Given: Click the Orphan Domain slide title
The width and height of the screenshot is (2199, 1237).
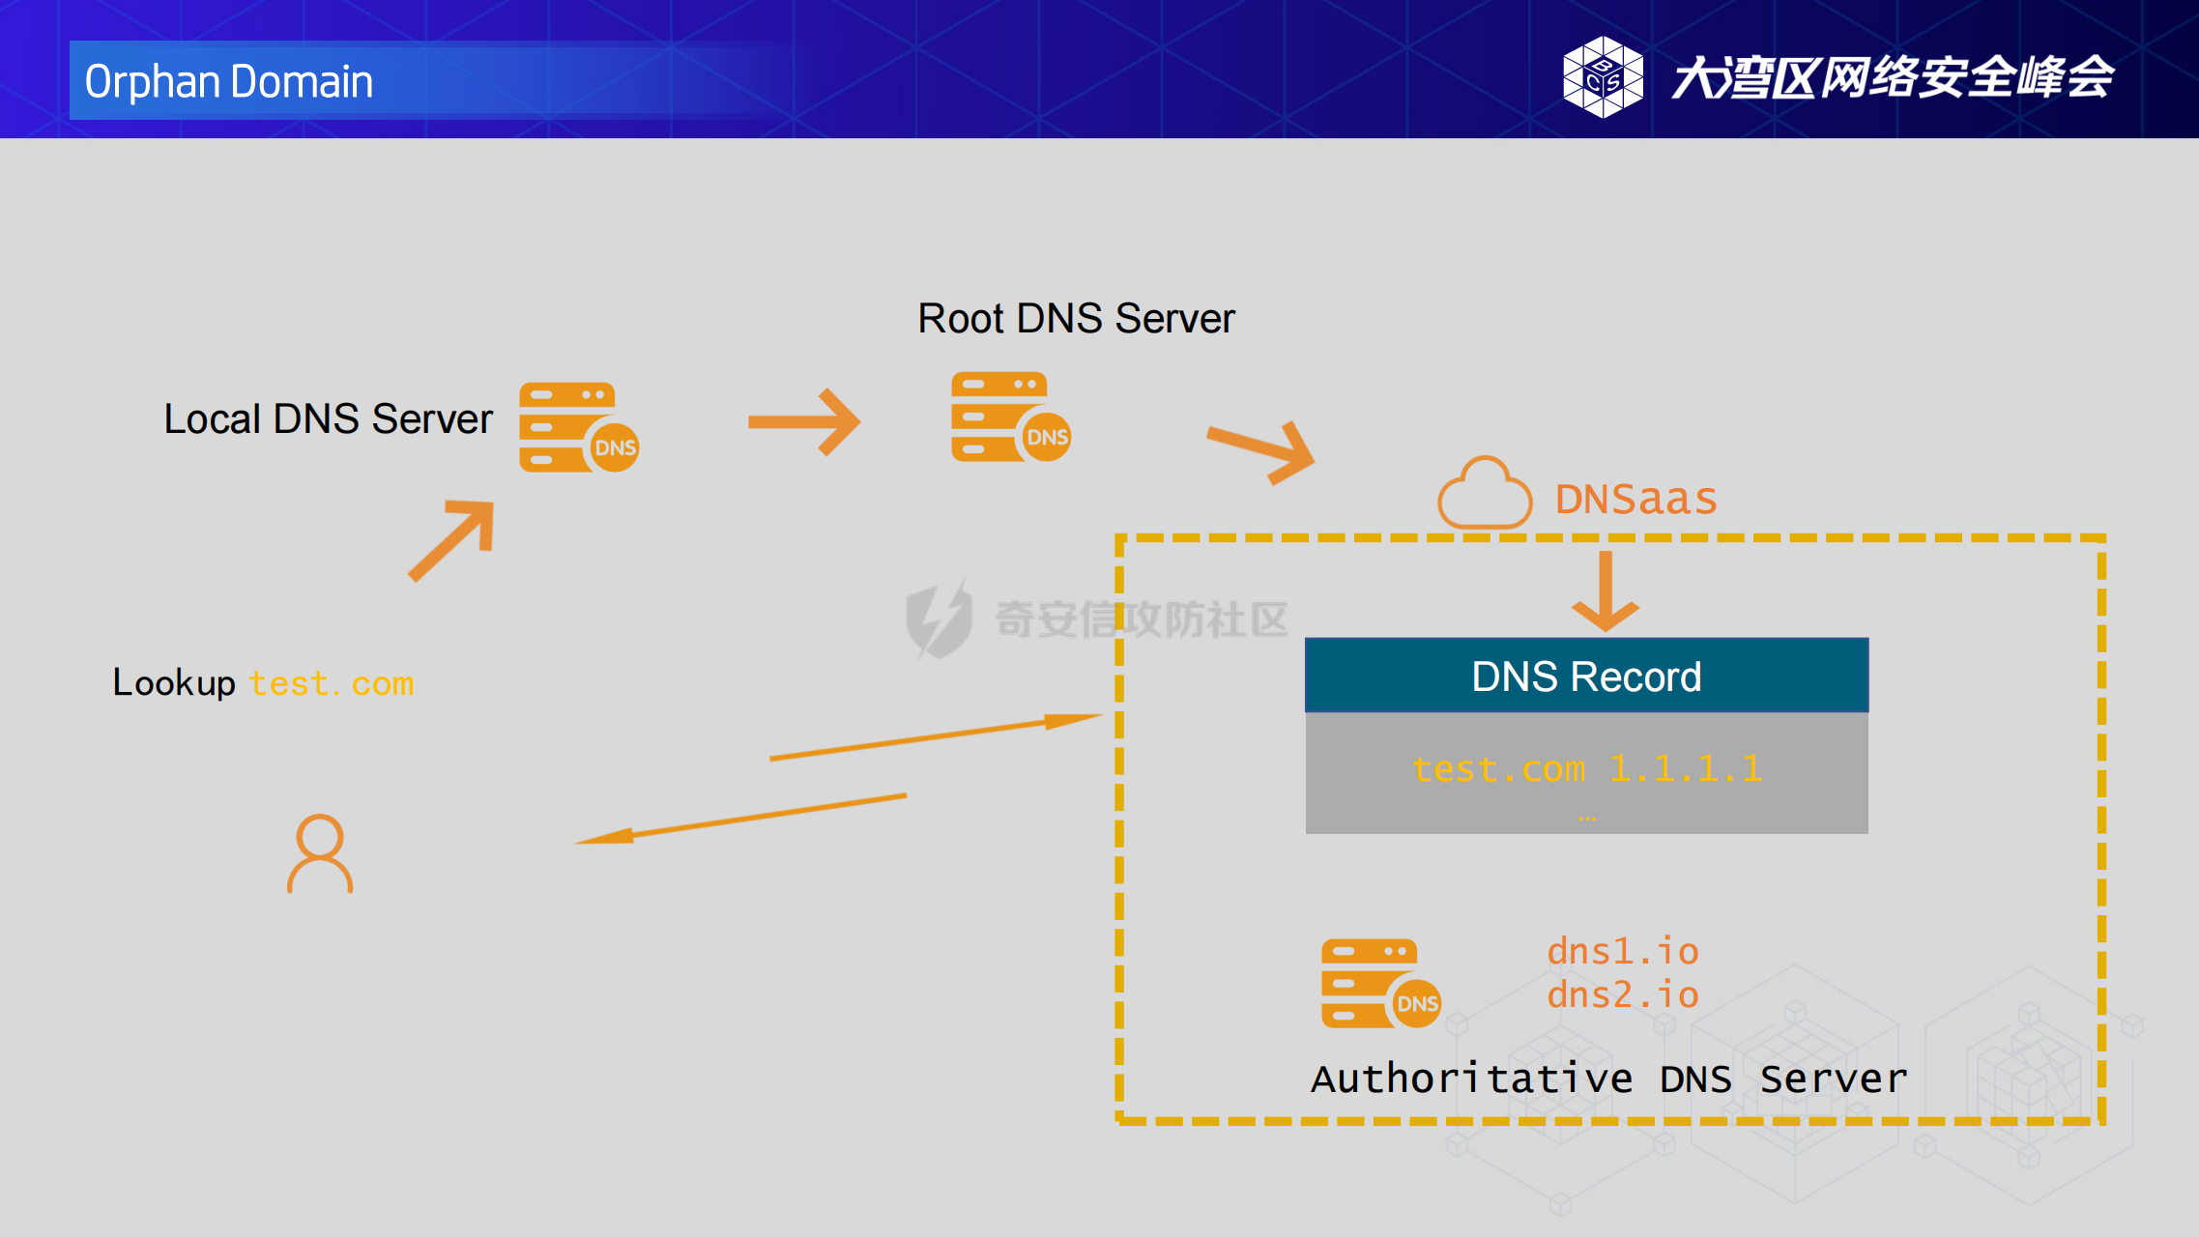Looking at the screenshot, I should (x=229, y=81).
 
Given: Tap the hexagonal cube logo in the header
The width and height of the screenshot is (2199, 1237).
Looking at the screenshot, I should (x=1603, y=77).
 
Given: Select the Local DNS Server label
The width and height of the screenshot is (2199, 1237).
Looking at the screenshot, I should (x=328, y=419).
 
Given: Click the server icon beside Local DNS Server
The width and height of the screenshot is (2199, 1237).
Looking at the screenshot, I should (x=578, y=427).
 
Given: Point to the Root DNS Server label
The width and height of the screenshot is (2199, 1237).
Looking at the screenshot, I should (x=1076, y=319).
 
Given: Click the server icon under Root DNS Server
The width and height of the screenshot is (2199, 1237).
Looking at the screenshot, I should (x=1010, y=417).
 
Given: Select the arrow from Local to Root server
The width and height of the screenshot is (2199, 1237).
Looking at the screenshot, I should (x=804, y=421).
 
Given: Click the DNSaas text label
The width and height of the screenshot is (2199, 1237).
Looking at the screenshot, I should (x=1635, y=500).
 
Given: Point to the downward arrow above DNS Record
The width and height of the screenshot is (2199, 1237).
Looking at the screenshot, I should (x=1606, y=590).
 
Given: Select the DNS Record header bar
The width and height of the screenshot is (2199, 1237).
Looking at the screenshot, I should (x=1586, y=676).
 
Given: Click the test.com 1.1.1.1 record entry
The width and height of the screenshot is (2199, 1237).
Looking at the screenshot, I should (x=1586, y=769).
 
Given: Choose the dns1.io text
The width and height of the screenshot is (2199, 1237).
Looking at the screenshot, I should (x=1623, y=952).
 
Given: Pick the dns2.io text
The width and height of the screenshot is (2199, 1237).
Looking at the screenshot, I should (x=1623, y=995).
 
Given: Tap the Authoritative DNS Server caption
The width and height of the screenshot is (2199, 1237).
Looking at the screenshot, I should (x=1608, y=1079).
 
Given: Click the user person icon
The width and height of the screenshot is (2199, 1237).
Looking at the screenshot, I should (x=320, y=853).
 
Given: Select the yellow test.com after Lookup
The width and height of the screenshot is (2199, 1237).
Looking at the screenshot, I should (x=332, y=684).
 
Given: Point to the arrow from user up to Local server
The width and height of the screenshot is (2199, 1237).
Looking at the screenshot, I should (x=451, y=540).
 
